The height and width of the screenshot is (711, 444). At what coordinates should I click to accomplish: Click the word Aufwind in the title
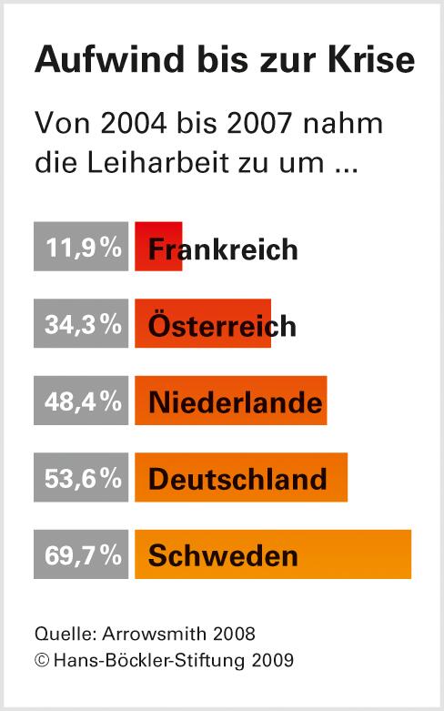point(95,62)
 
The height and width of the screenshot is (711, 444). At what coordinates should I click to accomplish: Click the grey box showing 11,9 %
point(81,247)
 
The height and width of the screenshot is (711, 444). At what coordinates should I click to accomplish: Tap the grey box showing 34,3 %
point(81,323)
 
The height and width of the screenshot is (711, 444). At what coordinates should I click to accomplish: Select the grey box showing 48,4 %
point(81,400)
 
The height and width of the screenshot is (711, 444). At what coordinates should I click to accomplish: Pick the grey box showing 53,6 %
point(81,477)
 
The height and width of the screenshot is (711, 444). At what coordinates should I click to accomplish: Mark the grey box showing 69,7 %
point(81,554)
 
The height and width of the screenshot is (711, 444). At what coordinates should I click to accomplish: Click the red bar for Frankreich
point(158,247)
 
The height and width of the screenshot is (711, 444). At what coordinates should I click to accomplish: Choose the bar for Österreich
point(203,323)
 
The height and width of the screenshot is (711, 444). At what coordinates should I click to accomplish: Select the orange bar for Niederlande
point(230,400)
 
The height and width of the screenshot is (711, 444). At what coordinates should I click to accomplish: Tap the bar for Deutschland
point(241,477)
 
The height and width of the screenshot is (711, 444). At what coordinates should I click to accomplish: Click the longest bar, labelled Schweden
point(273,554)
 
